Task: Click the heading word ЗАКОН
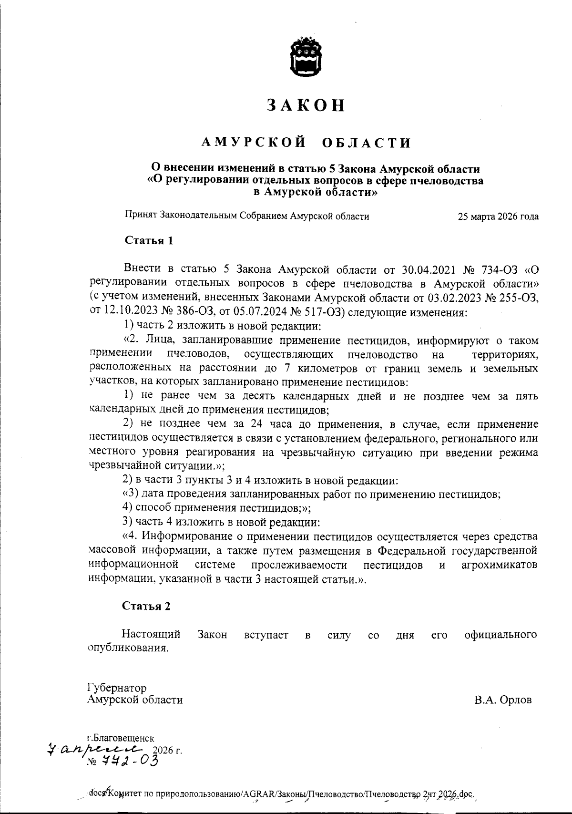click(306, 105)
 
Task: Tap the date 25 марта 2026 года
click(498, 216)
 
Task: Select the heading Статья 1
click(149, 240)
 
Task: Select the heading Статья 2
click(146, 606)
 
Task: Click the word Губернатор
click(117, 688)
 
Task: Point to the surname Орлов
click(513, 700)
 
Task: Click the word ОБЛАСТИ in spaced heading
click(367, 143)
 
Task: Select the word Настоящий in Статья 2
click(151, 635)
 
